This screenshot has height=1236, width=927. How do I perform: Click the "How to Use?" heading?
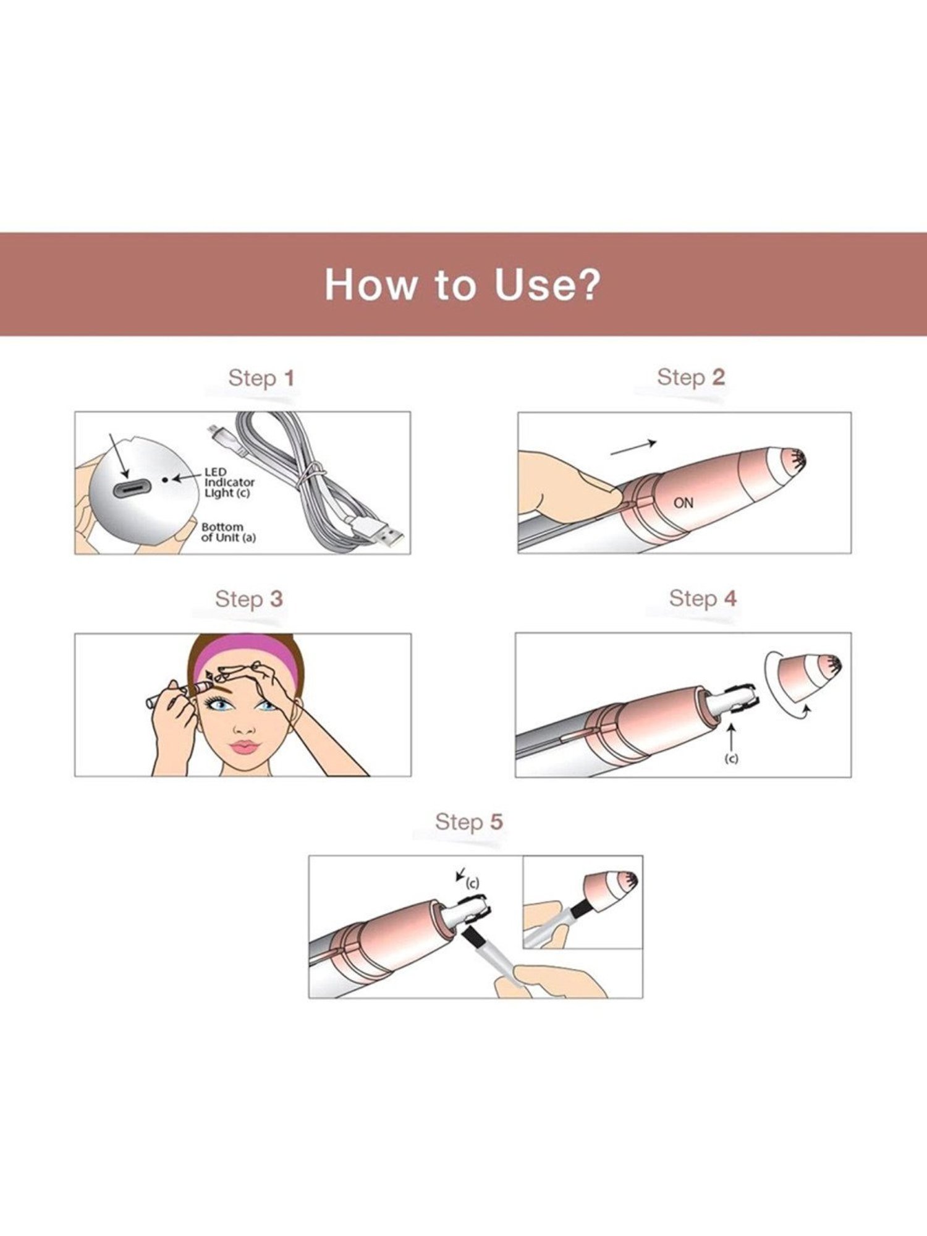[462, 284]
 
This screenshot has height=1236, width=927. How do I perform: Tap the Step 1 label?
[261, 378]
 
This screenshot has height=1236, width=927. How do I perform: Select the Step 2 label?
[690, 377]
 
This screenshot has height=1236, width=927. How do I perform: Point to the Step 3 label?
[248, 599]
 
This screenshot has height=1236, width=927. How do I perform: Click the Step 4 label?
[703, 598]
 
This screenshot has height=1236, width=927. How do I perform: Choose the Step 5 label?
[468, 822]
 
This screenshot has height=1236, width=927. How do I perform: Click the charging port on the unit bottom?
[130, 488]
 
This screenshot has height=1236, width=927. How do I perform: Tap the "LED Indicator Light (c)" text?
[229, 483]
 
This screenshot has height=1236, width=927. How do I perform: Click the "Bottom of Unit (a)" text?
[228, 533]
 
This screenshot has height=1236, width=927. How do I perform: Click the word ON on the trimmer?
[684, 503]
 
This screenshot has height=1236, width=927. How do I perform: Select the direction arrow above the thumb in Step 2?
[633, 447]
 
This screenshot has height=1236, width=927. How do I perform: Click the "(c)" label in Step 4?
[731, 758]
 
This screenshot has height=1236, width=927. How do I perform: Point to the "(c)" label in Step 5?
[472, 883]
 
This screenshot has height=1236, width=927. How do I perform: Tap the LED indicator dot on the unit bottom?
[165, 479]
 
